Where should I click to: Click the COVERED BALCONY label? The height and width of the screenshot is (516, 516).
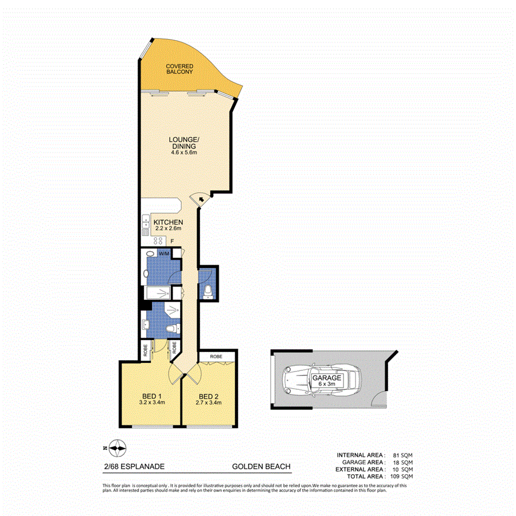pyautogui.click(x=179, y=69)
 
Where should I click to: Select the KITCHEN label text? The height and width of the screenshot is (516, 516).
pyautogui.click(x=168, y=222)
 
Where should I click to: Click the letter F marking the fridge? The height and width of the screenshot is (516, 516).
pyautogui.click(x=172, y=241)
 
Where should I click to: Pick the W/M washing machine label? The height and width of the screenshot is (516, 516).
pyautogui.click(x=164, y=253)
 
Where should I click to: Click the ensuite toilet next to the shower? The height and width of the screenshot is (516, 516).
pyautogui.click(x=172, y=329)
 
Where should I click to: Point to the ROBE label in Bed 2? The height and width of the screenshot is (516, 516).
pyautogui.click(x=216, y=356)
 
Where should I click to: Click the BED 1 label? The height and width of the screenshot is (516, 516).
pyautogui.click(x=151, y=396)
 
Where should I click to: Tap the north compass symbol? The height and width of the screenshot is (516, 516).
pyautogui.click(x=117, y=448)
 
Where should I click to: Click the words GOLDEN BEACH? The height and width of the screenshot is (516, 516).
pyautogui.click(x=261, y=467)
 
